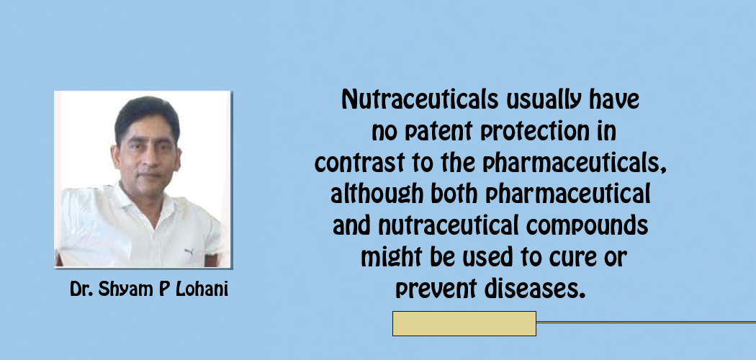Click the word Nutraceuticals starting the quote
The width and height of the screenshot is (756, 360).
coord(420,100)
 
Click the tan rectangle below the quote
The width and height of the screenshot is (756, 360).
coord(464,323)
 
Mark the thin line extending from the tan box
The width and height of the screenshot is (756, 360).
coord(646,322)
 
